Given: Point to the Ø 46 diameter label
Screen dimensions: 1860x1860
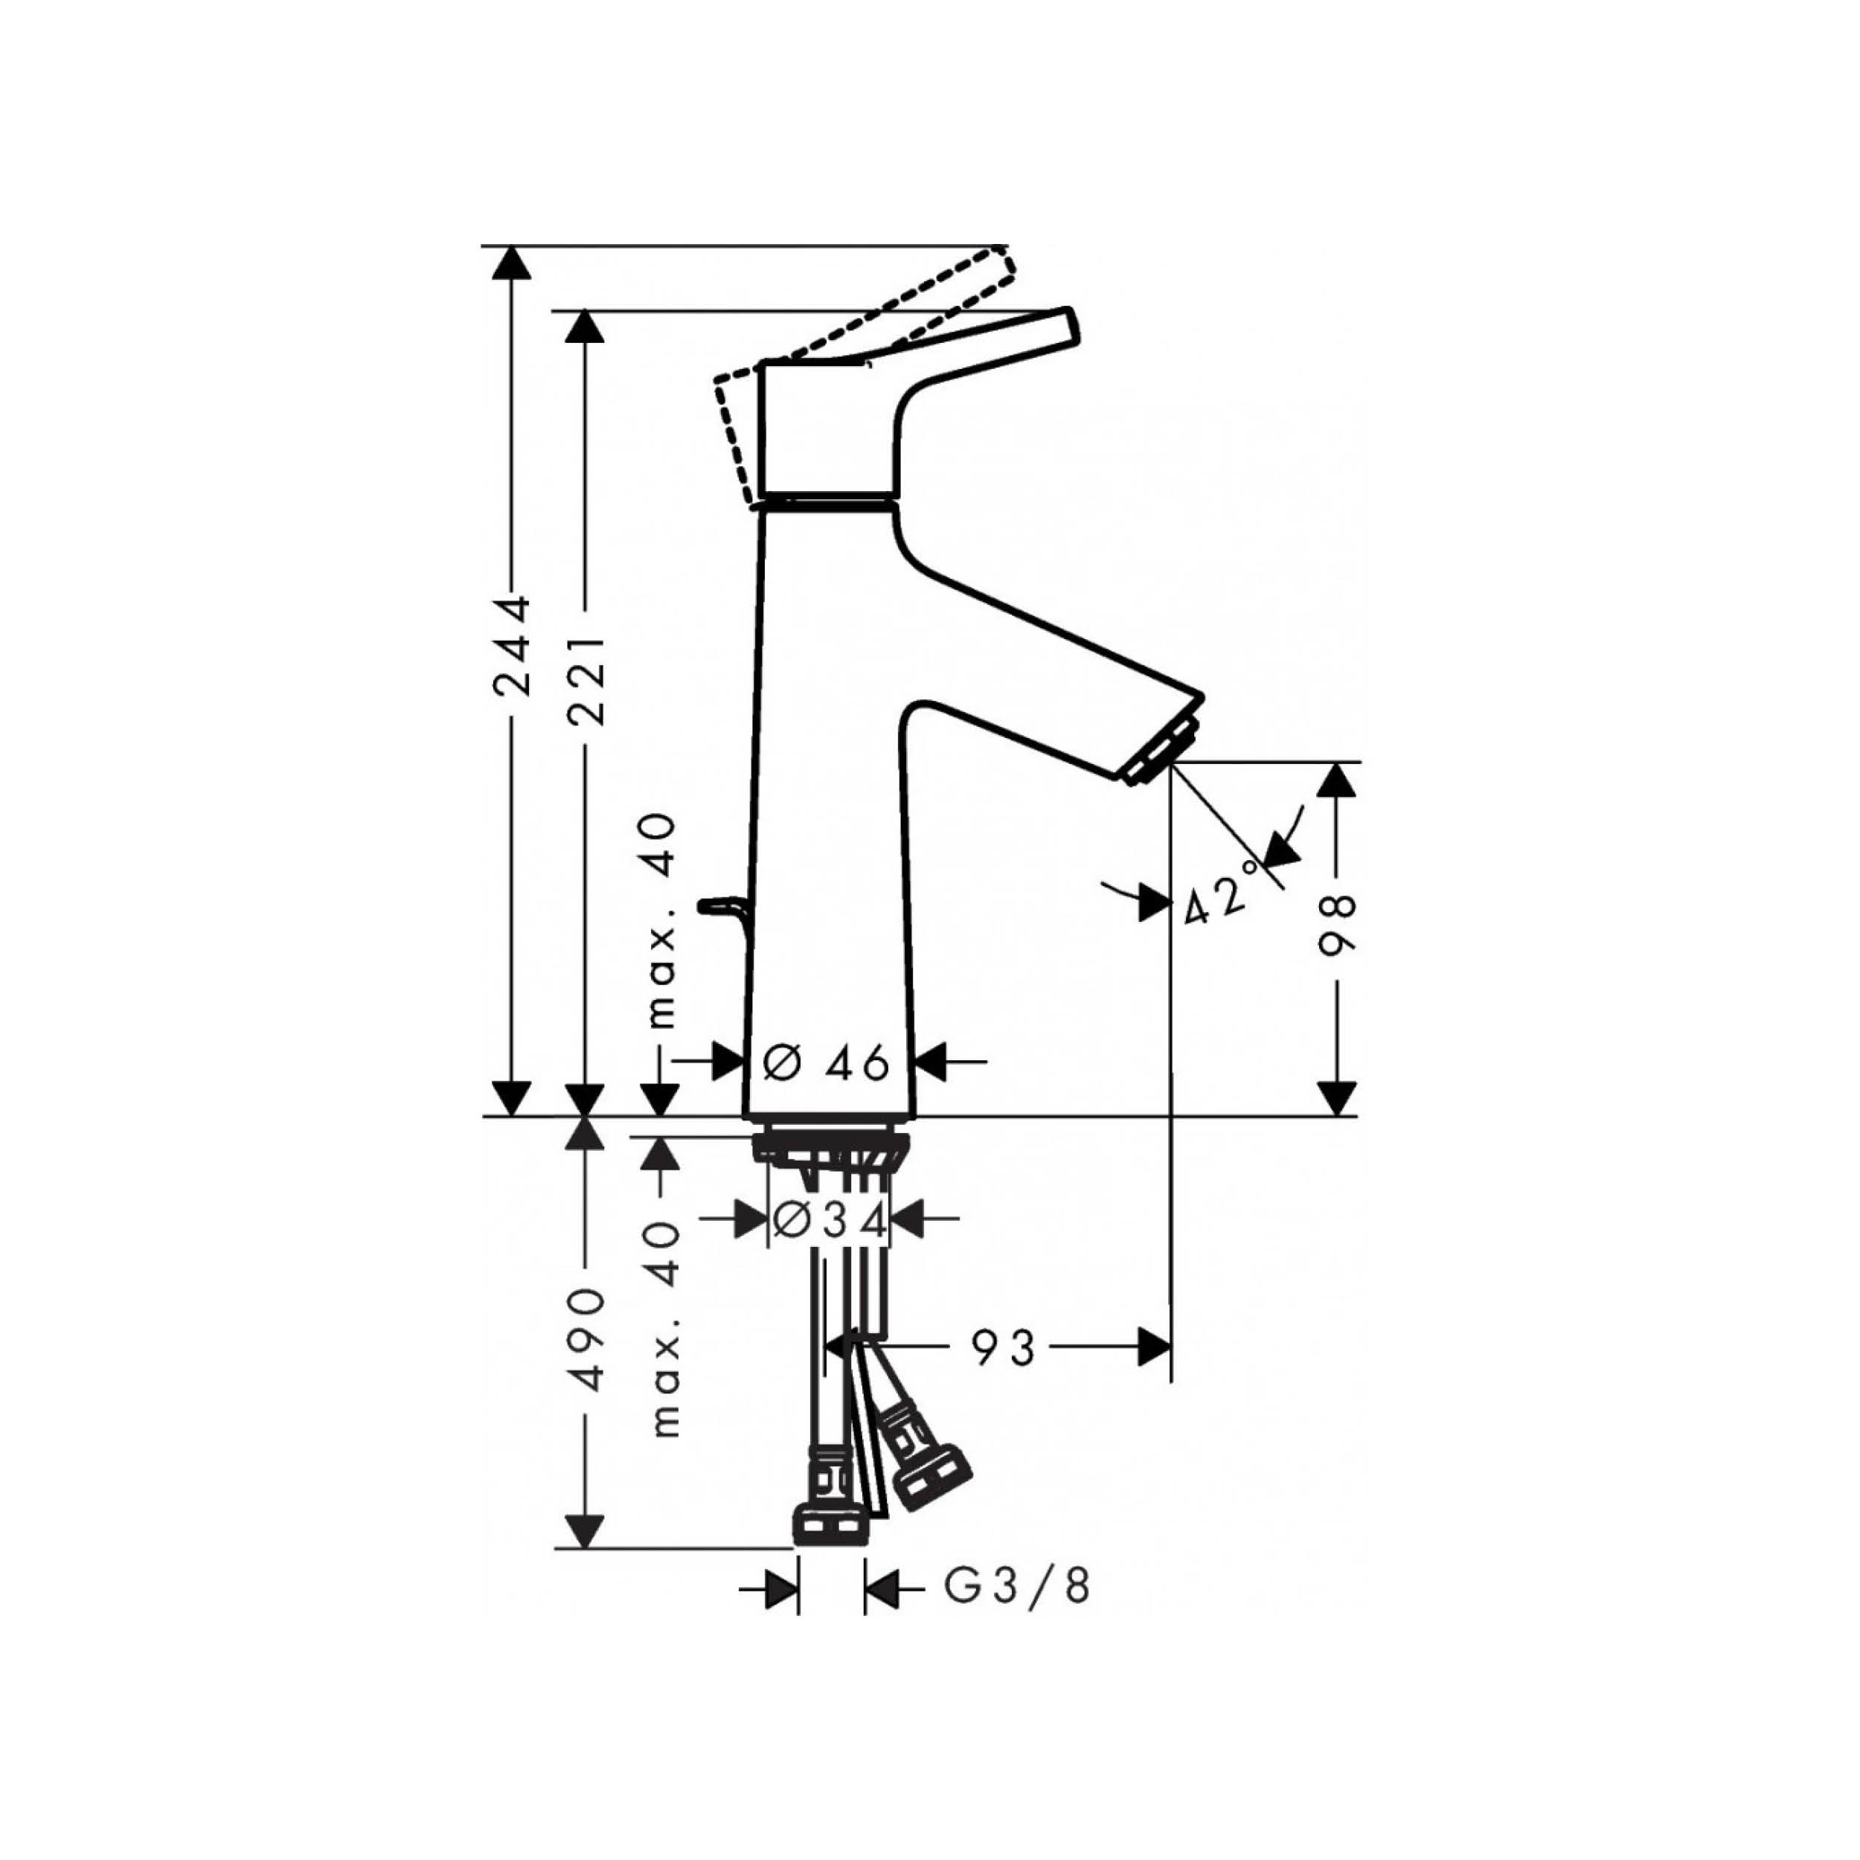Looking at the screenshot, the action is coord(825,1063).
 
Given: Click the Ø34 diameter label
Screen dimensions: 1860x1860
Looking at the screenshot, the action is coord(828,1221).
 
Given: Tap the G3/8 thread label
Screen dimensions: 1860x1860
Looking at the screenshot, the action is coord(1016,1588).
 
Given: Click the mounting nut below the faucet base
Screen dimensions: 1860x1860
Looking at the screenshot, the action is coord(832,1149).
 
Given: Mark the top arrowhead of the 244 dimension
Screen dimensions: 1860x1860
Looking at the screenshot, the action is coord(510,263).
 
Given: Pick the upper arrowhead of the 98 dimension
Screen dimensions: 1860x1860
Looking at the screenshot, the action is coord(1336,779).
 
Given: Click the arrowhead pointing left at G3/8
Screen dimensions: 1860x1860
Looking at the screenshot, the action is coord(882,1588).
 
